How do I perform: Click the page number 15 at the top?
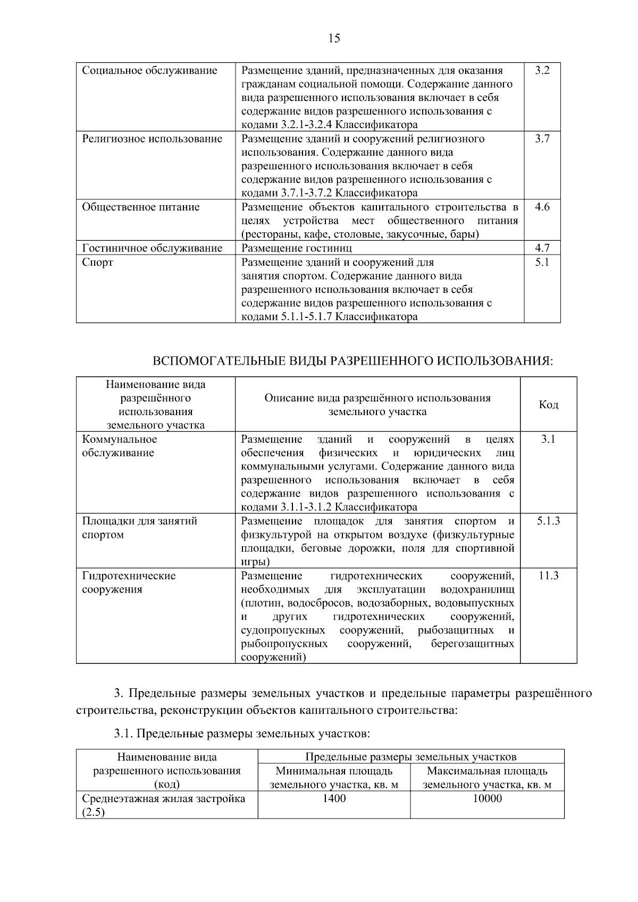[334, 38]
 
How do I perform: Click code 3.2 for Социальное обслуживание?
[542, 71]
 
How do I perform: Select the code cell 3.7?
[542, 139]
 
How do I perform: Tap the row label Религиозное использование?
[152, 139]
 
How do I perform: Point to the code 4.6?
[542, 207]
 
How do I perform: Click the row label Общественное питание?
[141, 207]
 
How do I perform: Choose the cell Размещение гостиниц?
[296, 248]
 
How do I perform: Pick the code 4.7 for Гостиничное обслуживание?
[542, 248]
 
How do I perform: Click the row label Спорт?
[97, 263]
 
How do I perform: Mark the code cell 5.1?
[542, 263]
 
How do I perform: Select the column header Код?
[548, 405]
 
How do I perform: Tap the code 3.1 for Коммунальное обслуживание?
[548, 440]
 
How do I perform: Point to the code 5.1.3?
[548, 521]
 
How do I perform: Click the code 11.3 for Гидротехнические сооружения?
[548, 576]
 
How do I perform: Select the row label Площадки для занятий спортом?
[139, 528]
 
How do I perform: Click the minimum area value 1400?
[334, 799]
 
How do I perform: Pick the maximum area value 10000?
[487, 799]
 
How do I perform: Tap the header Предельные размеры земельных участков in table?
[410, 757]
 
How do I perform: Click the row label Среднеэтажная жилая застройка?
[163, 799]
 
